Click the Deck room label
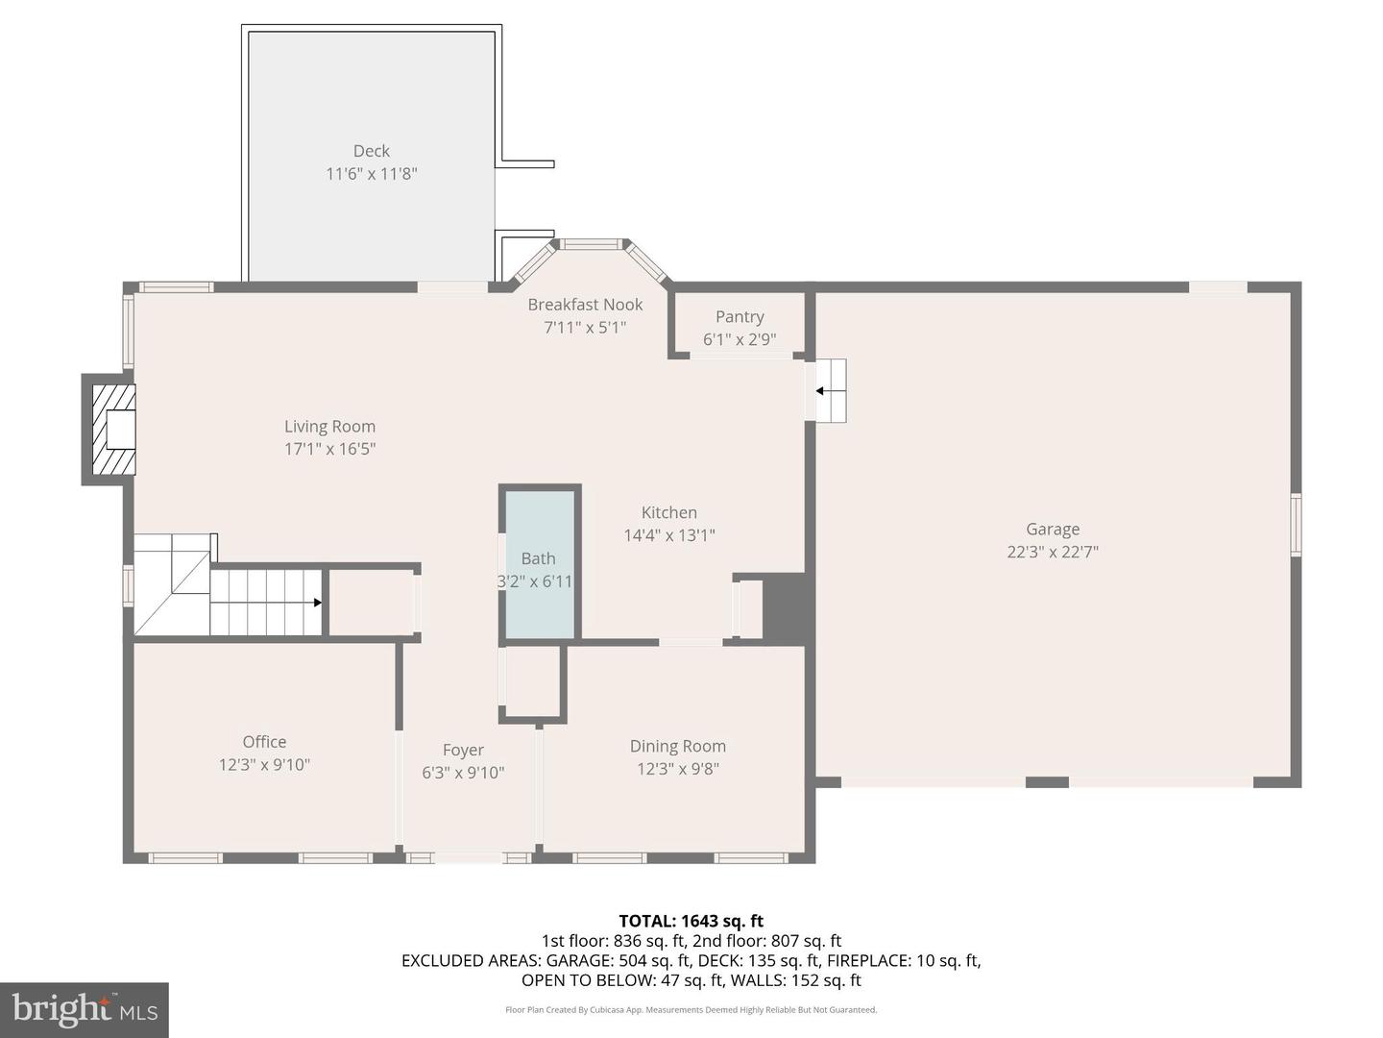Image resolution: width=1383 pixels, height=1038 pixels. point(371,151)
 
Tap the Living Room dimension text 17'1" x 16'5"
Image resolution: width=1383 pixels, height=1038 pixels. point(329,449)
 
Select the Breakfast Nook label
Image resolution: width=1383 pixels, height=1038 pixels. point(585,305)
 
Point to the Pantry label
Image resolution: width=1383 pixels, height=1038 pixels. point(740,317)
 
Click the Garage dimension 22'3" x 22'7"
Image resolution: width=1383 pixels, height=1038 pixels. point(1053,552)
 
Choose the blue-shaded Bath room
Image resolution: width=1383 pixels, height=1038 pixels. point(539,562)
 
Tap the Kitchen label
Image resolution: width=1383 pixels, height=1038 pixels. point(669,513)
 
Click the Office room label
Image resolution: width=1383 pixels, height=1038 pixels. point(264,742)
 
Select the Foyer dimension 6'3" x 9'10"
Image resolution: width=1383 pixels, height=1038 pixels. point(463,773)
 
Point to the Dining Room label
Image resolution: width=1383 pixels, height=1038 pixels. point(678,746)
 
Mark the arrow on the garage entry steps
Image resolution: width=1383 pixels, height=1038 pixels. point(821,391)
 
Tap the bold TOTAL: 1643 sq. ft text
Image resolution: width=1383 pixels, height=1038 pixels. point(691,921)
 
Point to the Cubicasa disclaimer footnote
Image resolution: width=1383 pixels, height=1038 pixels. point(691,1010)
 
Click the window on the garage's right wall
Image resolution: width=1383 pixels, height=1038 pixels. point(1296,525)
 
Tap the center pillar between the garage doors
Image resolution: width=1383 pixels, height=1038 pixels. point(1047,782)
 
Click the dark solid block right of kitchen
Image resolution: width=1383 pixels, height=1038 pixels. point(785,608)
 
